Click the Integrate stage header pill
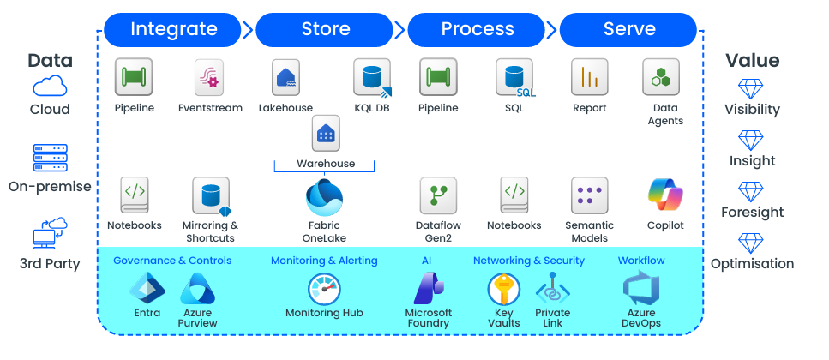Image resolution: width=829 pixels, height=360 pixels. [x=173, y=30]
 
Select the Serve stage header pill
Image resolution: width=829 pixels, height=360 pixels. [x=628, y=30]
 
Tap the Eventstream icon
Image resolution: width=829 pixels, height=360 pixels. [x=209, y=77]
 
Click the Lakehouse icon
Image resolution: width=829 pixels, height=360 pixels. [x=286, y=77]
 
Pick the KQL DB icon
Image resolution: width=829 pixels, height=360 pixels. [x=373, y=78]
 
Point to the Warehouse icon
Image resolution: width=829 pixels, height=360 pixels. [x=326, y=133]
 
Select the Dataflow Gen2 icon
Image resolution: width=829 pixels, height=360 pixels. [x=438, y=195]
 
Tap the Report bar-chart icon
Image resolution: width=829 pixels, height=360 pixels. [x=590, y=77]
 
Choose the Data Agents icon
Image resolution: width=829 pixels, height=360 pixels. [x=661, y=77]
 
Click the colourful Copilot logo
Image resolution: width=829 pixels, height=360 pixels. [x=665, y=195]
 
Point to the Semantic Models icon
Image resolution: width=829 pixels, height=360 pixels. [x=590, y=195]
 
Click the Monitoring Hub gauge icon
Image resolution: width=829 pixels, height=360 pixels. [x=325, y=289]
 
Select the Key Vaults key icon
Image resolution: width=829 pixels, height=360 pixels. [x=504, y=289]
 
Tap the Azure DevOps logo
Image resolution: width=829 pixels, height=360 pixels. [x=641, y=289]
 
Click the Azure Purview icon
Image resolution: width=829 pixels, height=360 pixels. [x=198, y=289]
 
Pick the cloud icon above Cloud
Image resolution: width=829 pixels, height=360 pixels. [x=50, y=86]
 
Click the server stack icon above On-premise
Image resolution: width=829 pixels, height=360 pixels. [x=51, y=158]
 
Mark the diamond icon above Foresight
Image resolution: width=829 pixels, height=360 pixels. [x=751, y=192]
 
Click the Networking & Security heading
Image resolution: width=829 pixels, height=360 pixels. [x=529, y=261]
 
